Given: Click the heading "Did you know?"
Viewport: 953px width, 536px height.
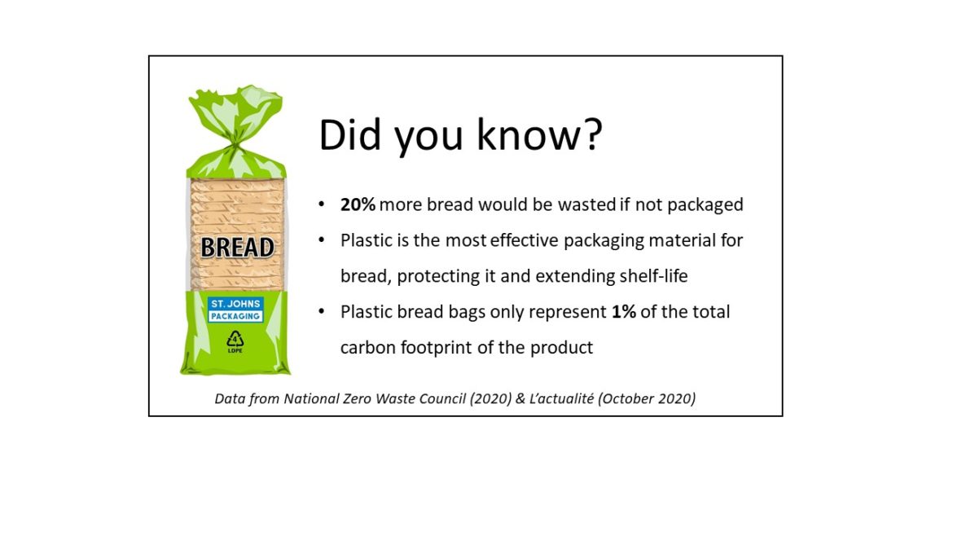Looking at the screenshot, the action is [461, 135].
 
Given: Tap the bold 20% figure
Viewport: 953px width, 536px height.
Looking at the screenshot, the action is [358, 204].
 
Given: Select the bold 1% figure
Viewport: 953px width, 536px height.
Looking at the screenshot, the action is [624, 312].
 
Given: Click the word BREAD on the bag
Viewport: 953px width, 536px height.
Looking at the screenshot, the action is [237, 248].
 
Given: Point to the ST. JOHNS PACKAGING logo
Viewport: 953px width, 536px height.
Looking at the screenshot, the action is [235, 310].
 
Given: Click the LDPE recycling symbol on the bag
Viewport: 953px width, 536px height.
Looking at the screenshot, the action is [235, 341].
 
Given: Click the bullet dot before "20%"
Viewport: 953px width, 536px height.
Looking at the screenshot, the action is [322, 204].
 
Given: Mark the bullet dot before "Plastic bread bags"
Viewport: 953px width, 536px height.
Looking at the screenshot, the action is [322, 312].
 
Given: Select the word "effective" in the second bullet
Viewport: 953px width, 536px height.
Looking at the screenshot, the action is [524, 240].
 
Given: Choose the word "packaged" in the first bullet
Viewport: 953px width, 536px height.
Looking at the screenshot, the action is [705, 204].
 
